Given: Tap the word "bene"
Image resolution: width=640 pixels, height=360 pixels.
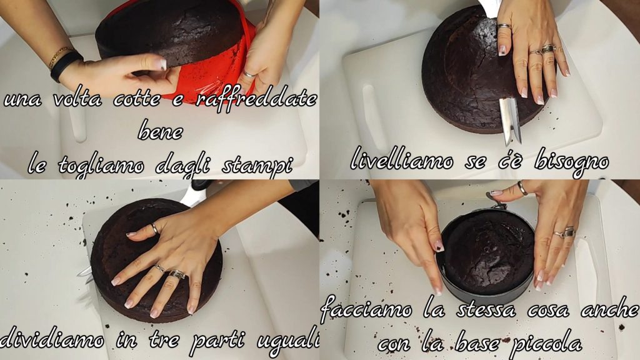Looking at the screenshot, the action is click(x=161, y=131).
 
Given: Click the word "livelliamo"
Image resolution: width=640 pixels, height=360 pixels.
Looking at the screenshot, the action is click(x=402, y=161).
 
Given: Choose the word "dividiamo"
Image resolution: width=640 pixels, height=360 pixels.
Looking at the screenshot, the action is click(x=52, y=339).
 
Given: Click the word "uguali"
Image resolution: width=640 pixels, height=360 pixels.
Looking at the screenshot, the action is click(x=288, y=339).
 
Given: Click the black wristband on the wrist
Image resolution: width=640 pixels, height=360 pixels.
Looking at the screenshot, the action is click(x=64, y=65).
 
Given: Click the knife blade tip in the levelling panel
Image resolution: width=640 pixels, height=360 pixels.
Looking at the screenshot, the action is click(x=507, y=144).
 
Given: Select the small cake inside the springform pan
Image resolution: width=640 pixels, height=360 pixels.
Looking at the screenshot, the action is click(x=489, y=252).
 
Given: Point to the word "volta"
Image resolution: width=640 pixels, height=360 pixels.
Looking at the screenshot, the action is click(x=77, y=99).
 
